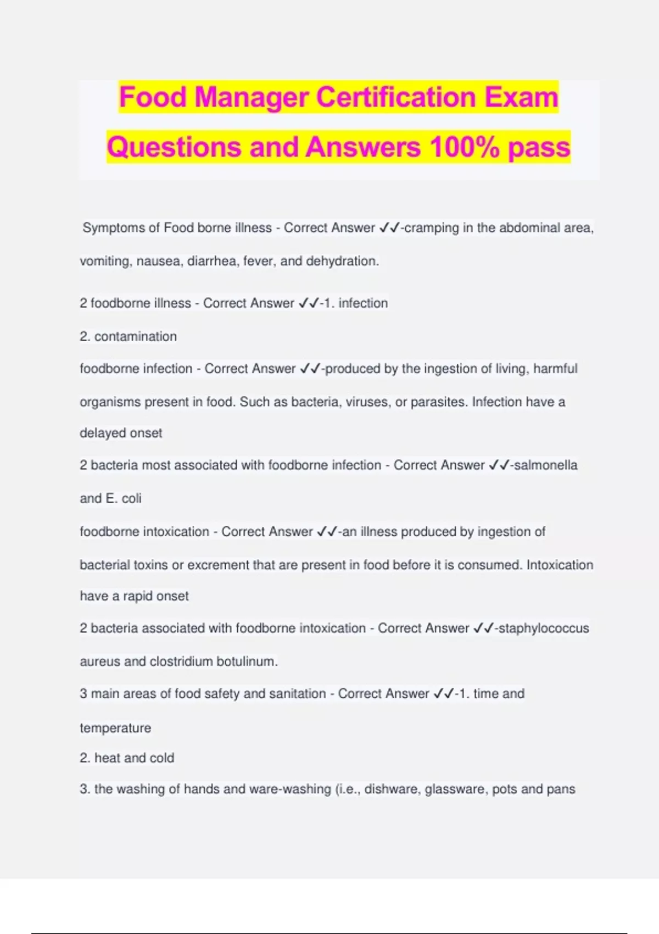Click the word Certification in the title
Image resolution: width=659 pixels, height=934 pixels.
(395, 97)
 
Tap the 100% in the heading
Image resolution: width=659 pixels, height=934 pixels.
(465, 147)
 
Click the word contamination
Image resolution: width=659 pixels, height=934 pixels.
(135, 336)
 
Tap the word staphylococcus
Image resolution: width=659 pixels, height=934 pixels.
(543, 628)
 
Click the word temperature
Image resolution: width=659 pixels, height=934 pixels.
(115, 728)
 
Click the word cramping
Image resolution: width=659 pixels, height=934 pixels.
(431, 227)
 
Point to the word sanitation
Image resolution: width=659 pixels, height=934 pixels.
(296, 693)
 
